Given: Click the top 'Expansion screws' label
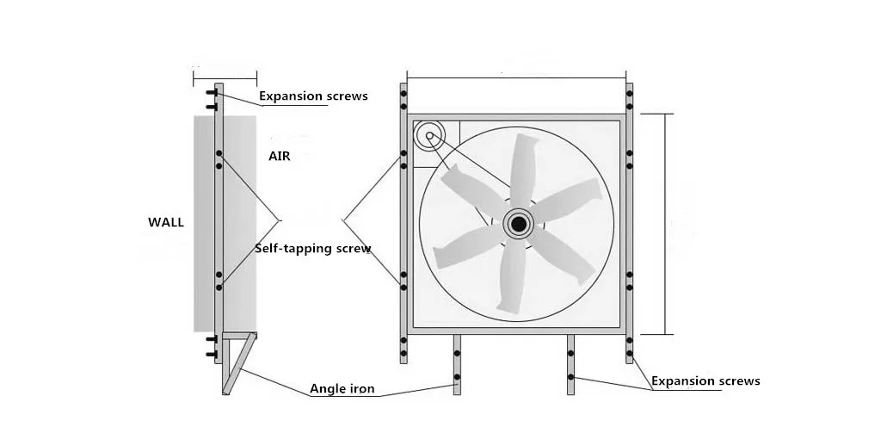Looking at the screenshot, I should [x=313, y=96].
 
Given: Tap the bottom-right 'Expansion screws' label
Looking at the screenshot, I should [x=705, y=380].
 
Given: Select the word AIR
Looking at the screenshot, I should [x=280, y=157].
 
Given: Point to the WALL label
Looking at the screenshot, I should [x=166, y=222].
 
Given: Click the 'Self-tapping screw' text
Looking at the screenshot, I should [x=313, y=249].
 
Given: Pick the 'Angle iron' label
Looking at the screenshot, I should [x=342, y=389].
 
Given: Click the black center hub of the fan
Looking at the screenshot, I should [x=518, y=224].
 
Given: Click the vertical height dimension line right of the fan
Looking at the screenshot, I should [x=666, y=224].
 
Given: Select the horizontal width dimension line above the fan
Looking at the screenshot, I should [x=516, y=78].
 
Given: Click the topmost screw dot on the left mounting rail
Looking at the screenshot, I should [x=403, y=92].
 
